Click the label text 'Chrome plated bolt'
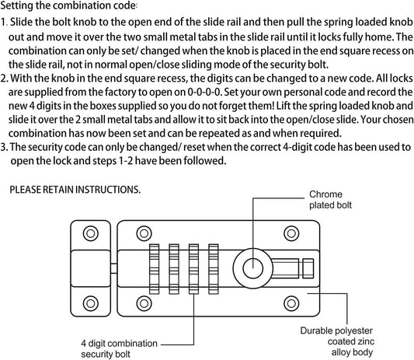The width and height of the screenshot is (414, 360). [332, 199]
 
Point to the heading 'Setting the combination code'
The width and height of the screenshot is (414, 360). [69, 7]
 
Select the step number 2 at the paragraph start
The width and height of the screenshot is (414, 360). [5, 78]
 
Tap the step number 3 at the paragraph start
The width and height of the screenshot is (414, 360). [5, 147]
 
